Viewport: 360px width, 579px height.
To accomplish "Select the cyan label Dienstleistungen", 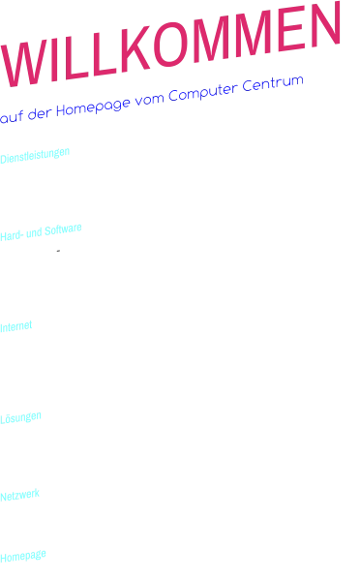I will click(36, 153).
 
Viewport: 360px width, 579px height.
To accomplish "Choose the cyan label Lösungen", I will click(21, 416).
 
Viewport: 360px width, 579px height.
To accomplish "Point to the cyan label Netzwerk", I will click(20, 495).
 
